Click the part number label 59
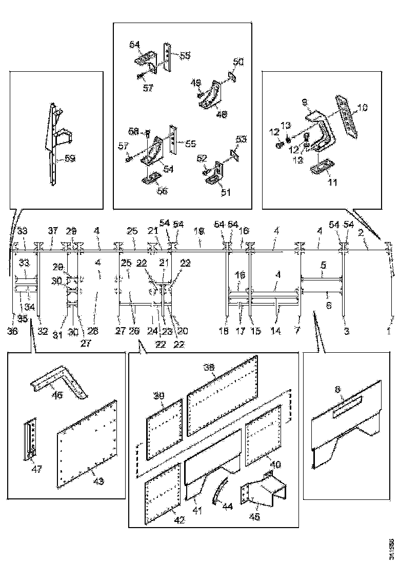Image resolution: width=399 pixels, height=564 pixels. pyautogui.click(x=70, y=158)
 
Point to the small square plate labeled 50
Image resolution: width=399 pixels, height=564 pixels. pyautogui.click(x=232, y=76)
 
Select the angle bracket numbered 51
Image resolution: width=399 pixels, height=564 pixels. pyautogui.click(x=217, y=172)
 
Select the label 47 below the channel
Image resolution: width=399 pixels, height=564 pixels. pyautogui.click(x=37, y=469)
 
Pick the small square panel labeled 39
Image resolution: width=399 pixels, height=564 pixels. pyautogui.click(x=164, y=428)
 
